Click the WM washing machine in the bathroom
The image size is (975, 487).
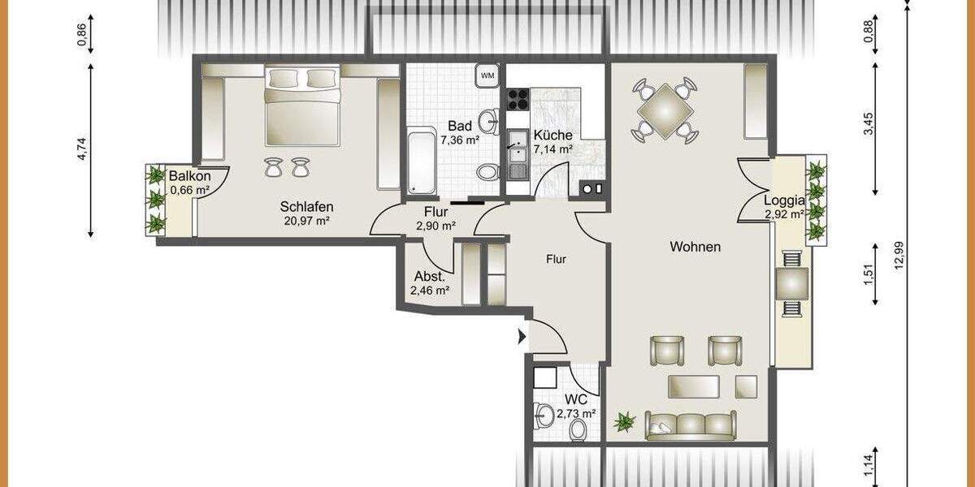[x=487, y=75]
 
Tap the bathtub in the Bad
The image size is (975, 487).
[x=422, y=162]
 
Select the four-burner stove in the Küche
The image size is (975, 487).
[x=518, y=100]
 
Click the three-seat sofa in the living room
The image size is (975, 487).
[x=691, y=425]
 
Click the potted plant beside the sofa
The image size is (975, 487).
[x=625, y=421]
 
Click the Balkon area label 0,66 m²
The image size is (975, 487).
[x=190, y=191]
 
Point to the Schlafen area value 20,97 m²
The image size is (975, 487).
[x=306, y=221]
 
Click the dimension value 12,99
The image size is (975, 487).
[x=898, y=260]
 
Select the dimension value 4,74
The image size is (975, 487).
[x=81, y=150]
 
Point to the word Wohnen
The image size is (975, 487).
[x=695, y=247]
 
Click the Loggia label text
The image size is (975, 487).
[x=784, y=200]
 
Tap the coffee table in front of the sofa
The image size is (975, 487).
[x=693, y=386]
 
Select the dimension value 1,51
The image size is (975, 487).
[x=869, y=274]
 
